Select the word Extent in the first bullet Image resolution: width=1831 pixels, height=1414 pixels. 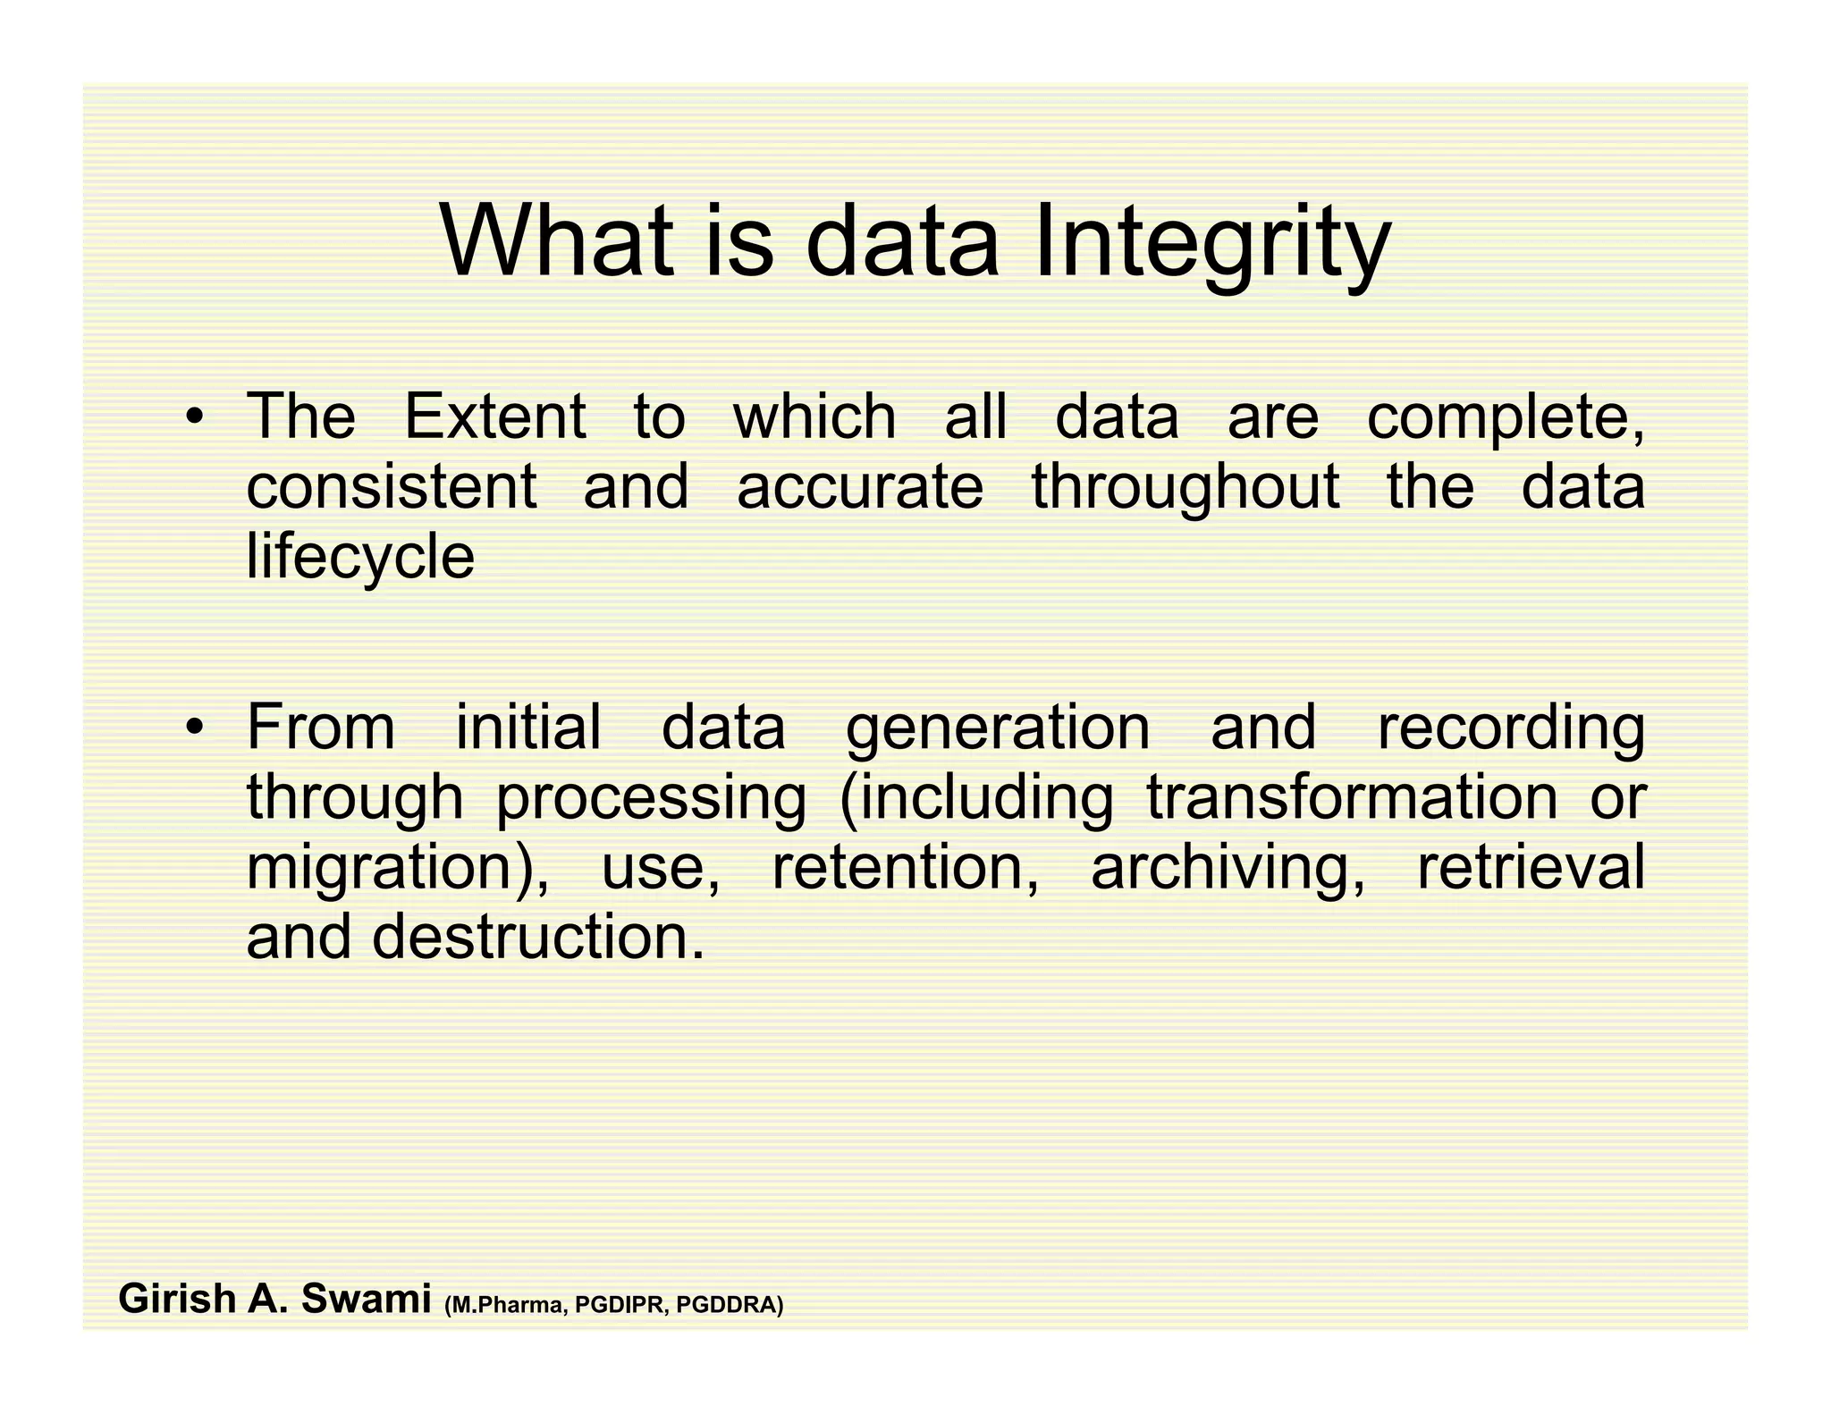(495, 417)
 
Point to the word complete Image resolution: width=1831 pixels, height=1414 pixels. (1505, 418)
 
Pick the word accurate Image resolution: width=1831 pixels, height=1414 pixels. (859, 487)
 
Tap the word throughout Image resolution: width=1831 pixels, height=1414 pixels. (1186, 489)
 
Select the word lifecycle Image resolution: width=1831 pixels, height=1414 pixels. (360, 558)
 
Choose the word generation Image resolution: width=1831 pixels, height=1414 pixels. (998, 729)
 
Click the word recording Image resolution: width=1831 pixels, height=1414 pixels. (1511, 729)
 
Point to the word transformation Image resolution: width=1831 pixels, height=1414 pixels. (1352, 797)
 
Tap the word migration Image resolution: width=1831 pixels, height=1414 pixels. (390, 869)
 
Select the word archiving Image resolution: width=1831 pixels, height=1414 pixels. (1226, 867)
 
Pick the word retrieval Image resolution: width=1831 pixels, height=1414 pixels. (1531, 867)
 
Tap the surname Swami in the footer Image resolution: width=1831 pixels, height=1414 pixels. (366, 1299)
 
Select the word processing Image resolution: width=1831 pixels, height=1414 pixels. (651, 799)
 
